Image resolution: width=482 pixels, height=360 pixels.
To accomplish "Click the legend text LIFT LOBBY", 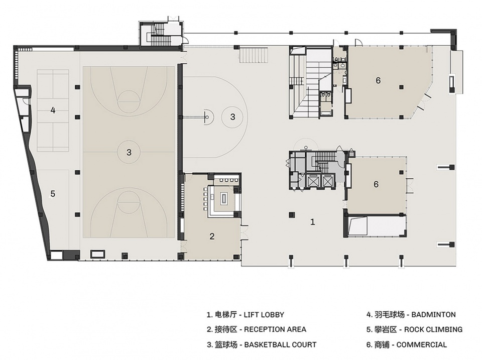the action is coord(264,315).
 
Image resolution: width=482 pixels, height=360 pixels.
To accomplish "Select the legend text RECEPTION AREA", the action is coord(275,329).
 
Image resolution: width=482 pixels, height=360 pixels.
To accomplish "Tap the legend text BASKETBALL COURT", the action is coord(280,344).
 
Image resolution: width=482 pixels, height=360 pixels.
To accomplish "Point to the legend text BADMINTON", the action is coord(433,315).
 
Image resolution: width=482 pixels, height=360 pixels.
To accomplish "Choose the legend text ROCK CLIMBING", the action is coord(433,329).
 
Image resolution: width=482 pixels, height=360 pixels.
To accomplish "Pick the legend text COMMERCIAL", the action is coord(421,344).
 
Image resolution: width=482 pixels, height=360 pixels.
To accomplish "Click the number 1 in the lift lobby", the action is coord(313,222).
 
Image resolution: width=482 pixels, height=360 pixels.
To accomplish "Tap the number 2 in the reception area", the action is coord(212,236).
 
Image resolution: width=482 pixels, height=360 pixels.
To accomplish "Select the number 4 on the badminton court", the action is coord(53,110).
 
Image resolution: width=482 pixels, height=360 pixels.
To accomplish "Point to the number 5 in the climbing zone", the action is coord(53,194).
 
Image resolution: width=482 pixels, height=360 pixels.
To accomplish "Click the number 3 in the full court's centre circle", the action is coord(129,152).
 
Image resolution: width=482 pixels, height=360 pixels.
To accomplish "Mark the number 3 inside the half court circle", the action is coord(232,117).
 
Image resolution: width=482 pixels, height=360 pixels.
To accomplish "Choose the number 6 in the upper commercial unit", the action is coord(378,80).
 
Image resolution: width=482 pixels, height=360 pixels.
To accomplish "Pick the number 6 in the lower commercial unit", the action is coord(376,184).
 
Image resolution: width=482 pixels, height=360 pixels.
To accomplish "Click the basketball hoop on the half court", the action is coord(207,117).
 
